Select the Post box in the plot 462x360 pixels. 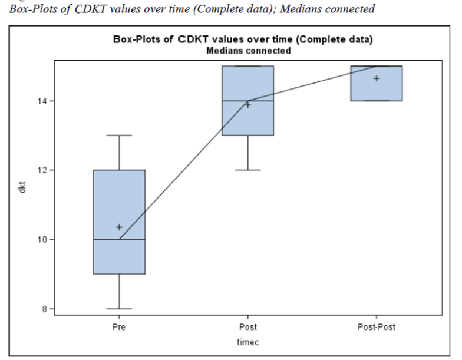(247, 100)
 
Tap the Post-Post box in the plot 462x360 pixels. (376, 83)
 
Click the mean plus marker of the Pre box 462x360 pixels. (119, 227)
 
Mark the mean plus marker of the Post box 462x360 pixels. (247, 105)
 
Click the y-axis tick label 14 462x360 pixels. (44, 101)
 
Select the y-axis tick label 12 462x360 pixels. (44, 170)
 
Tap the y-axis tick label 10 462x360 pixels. (44, 239)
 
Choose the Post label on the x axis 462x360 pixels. (247, 326)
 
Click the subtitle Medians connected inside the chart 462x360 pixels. (247, 51)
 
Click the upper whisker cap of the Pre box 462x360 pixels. (119, 135)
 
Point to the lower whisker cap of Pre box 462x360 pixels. (119, 308)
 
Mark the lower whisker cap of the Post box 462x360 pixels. (247, 170)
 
